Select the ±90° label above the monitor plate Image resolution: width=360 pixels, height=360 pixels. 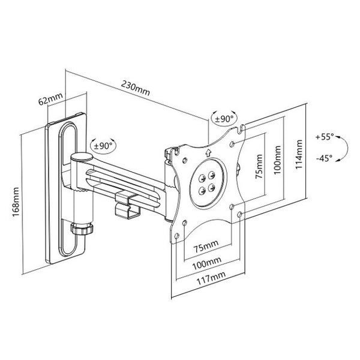coord(224,118)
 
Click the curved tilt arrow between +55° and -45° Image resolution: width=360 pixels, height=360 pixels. coord(341,148)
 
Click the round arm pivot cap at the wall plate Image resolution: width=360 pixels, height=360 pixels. coord(79,158)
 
